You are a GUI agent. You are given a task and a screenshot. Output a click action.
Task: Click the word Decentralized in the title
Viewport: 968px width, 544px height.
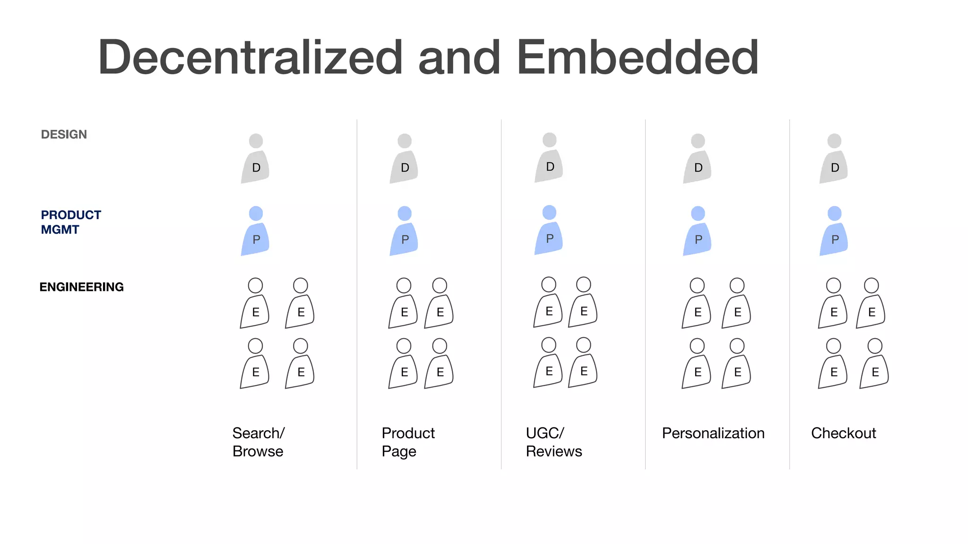point(251,58)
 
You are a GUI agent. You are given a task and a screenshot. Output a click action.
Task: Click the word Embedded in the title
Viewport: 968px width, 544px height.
point(638,58)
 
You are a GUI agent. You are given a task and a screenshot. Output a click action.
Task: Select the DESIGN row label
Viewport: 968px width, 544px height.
point(64,135)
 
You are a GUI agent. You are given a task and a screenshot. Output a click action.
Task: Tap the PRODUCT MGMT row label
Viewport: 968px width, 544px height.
point(71,222)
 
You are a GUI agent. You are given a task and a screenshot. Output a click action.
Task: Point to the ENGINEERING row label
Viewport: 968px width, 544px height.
point(81,287)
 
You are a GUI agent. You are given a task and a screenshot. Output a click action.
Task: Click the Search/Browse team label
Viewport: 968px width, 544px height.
point(258,442)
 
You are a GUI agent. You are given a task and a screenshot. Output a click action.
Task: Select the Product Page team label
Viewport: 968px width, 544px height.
point(408,442)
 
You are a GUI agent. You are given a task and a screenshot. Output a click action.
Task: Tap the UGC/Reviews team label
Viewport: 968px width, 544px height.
point(553,442)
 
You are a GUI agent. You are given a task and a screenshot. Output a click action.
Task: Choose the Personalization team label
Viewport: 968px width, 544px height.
point(713,433)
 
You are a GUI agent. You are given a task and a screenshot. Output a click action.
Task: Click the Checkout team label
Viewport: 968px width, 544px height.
point(843,433)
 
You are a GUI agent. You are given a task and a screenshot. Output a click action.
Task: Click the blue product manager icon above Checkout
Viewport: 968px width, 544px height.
point(834,231)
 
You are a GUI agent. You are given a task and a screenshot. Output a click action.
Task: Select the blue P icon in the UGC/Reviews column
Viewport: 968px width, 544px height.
point(549,230)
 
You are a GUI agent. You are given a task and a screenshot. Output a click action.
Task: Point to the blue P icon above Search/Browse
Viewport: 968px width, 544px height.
point(255,231)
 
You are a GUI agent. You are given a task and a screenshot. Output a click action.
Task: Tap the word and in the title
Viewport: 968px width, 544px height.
point(459,58)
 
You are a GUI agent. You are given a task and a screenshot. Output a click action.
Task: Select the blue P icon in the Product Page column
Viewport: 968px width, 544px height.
point(404,231)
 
